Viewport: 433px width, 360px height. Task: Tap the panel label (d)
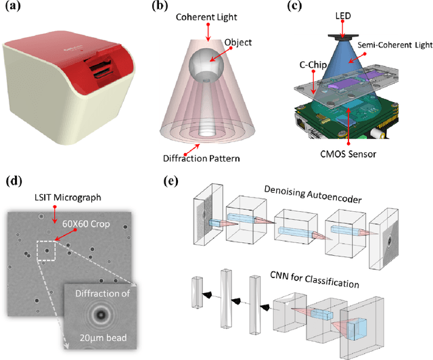[x=14, y=181]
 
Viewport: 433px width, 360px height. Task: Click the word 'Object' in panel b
[x=239, y=43]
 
